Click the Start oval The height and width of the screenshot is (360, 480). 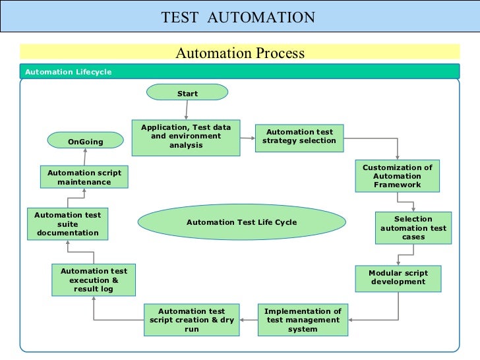coord(187,93)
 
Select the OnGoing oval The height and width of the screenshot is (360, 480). coord(85,141)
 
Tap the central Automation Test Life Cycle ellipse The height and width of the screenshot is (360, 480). coord(241,222)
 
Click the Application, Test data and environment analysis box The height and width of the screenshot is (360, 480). coord(186,137)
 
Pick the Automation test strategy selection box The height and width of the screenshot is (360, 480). coord(299,136)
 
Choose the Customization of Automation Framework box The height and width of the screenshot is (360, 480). coord(397,177)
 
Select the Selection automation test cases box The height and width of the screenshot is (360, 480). coord(413,228)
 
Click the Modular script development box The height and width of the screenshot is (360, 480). coord(398,278)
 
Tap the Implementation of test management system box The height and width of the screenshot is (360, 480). coord(303,320)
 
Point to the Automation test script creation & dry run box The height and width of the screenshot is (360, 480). coord(191,320)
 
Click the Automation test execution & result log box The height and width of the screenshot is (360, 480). coord(94,280)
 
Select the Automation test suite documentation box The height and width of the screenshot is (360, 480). coord(68,224)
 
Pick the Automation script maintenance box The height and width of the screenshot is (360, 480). coord(84,177)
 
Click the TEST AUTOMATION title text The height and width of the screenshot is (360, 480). coord(238,17)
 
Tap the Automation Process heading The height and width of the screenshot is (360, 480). coord(240,53)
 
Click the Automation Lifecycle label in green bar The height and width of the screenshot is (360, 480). coord(69,72)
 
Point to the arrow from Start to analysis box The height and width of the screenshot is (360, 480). coord(187,110)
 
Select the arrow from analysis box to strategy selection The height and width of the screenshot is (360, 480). coord(247,138)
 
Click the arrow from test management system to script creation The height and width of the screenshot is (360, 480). coord(249,320)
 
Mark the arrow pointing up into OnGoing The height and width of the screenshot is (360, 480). coord(85,157)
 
